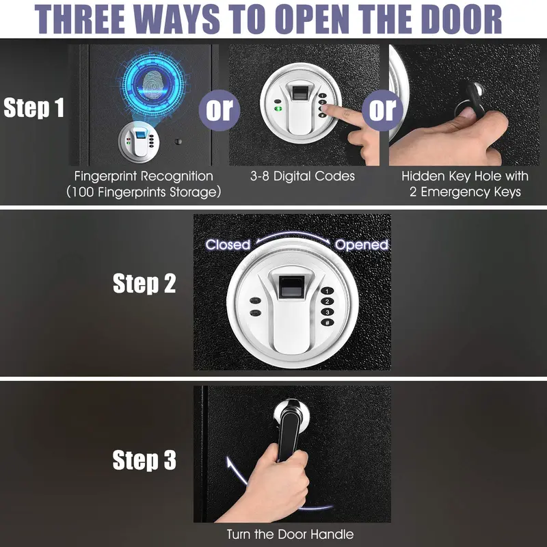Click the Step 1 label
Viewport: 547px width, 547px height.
click(x=34, y=107)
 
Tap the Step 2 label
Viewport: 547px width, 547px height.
click(x=144, y=283)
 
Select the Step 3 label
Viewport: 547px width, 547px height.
click(x=144, y=459)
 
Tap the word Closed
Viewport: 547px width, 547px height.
click(x=228, y=245)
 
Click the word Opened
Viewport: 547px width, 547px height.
click(x=362, y=245)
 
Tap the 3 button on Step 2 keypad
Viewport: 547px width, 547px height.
click(x=328, y=312)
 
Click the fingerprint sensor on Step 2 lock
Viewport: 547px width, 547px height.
click(x=293, y=286)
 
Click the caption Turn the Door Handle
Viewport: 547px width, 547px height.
click(x=290, y=534)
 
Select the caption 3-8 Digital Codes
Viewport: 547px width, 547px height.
click(x=302, y=176)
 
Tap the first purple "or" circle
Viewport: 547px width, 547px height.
click(x=219, y=110)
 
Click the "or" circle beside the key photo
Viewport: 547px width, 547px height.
click(x=382, y=110)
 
